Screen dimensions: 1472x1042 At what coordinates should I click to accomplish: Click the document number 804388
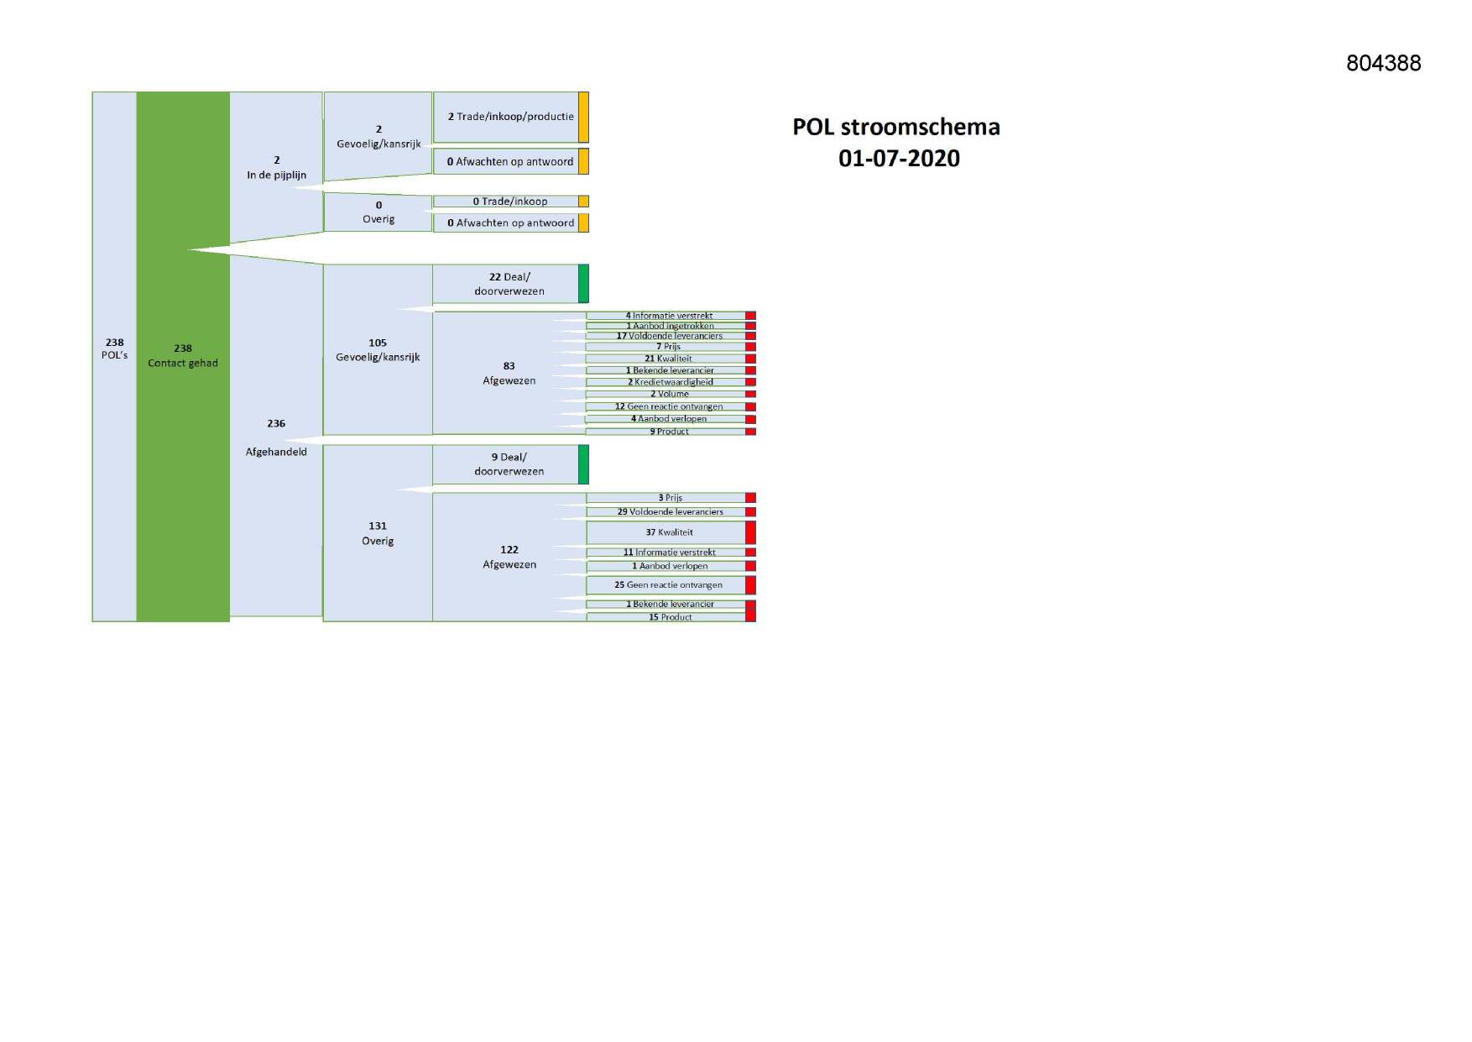click(1383, 63)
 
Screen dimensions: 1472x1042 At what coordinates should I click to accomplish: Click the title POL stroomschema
click(896, 127)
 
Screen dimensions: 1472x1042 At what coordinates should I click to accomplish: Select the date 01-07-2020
click(899, 158)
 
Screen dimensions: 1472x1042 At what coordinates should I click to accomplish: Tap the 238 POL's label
click(115, 348)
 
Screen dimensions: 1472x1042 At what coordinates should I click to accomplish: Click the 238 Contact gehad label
click(183, 355)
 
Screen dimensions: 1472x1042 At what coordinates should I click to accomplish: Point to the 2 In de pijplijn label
click(276, 168)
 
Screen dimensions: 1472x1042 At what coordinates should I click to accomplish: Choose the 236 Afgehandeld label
click(276, 437)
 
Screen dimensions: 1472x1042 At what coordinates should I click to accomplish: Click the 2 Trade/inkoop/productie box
click(506, 117)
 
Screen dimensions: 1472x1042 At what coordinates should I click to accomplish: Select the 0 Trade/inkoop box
click(506, 202)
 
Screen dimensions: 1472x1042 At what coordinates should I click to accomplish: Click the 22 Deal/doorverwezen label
click(509, 284)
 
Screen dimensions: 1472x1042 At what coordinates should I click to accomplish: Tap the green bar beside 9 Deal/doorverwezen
click(583, 464)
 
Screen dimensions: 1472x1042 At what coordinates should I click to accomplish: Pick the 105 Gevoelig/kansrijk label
click(378, 350)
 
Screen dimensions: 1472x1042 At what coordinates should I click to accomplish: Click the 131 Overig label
click(378, 533)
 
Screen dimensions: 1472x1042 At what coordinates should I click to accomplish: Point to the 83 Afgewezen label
click(509, 374)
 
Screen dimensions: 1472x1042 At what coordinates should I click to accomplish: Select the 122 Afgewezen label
click(509, 557)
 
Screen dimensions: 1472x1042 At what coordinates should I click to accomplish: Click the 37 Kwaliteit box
click(666, 532)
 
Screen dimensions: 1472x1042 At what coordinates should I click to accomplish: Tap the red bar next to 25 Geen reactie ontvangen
click(751, 585)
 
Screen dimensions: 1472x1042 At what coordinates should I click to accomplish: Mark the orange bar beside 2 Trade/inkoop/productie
click(584, 117)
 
